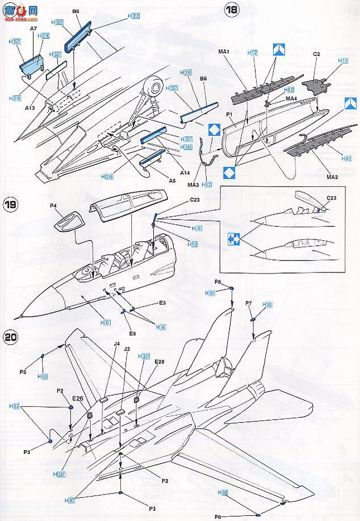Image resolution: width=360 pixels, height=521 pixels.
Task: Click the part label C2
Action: click(x=317, y=53)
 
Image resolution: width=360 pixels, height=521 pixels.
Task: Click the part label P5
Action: click(x=23, y=372)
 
